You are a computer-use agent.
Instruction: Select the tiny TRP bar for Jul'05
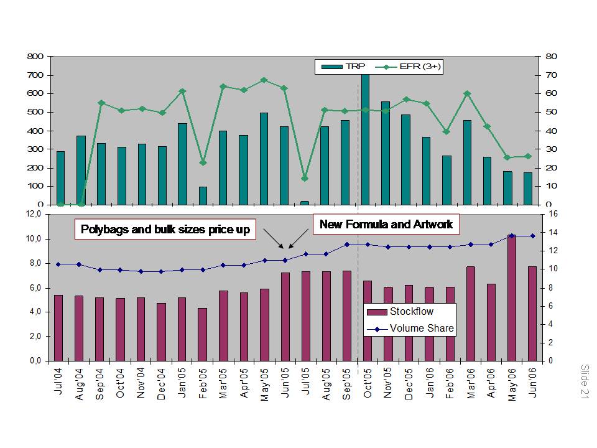(x=305, y=202)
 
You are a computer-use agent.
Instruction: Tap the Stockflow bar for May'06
(x=512, y=299)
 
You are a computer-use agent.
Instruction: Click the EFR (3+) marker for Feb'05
(x=203, y=162)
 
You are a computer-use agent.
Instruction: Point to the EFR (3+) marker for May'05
(x=264, y=80)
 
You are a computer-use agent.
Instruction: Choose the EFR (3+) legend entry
(x=410, y=67)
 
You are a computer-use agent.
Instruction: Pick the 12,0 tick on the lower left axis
(x=32, y=214)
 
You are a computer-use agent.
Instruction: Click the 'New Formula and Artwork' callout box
(x=386, y=224)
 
